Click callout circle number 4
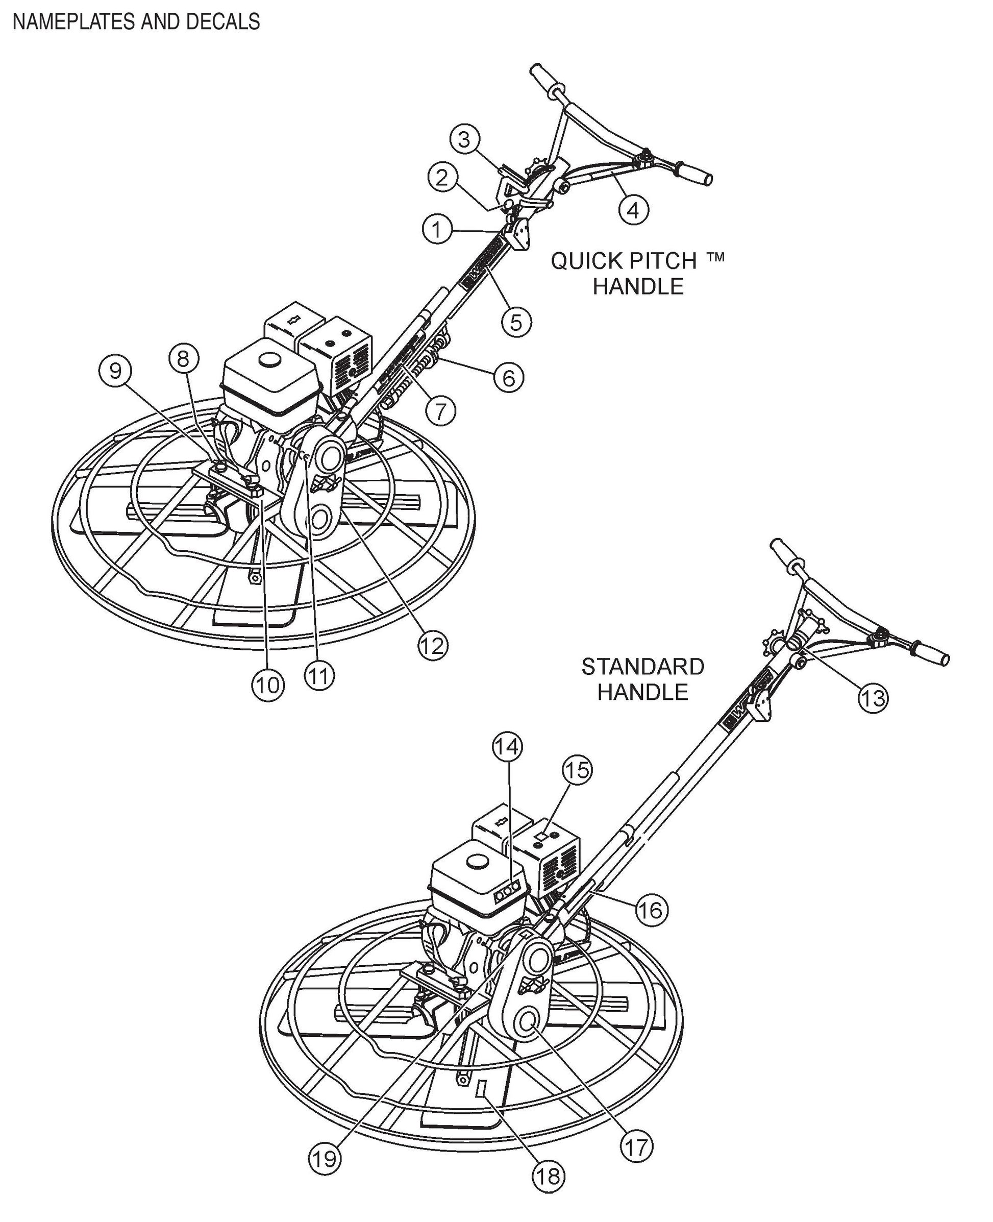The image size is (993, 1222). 633,210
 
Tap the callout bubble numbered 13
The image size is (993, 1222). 873,698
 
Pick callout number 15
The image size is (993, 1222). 577,770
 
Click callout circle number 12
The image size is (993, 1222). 432,645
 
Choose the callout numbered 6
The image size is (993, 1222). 509,378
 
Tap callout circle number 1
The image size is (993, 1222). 437,229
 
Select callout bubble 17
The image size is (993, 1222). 637,1146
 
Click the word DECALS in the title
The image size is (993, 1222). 222,22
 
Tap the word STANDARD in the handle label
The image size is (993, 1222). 642,667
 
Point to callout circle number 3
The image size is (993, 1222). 464,139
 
